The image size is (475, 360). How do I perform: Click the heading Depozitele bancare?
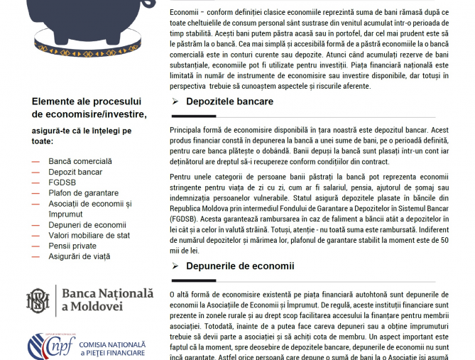point(229,102)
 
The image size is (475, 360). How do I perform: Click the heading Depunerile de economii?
point(240,266)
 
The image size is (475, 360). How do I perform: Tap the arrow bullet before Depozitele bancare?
point(175,102)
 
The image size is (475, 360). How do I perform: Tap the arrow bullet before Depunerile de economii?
point(175,266)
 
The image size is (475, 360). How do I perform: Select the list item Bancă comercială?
point(80,161)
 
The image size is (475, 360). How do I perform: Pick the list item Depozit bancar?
point(75,172)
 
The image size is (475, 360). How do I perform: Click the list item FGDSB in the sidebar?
point(62,182)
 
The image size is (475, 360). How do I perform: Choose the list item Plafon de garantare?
point(83,193)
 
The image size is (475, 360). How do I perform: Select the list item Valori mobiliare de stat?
point(89,235)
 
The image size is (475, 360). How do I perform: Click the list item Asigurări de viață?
point(79,256)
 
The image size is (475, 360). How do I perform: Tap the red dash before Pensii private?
point(36,246)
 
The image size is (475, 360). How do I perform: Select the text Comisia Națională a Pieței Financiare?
point(112,348)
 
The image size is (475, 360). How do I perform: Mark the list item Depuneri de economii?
point(87,224)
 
